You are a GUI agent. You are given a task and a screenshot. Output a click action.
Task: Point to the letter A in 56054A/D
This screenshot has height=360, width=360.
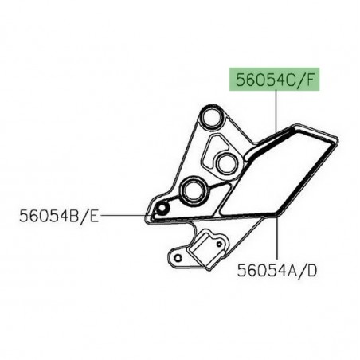click(294, 271)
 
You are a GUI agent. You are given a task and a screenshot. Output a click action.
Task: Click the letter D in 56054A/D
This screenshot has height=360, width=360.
click(312, 271)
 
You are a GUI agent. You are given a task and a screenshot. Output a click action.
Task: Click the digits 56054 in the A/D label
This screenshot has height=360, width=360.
click(261, 271)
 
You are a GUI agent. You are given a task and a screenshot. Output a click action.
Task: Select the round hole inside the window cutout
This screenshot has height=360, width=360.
click(225, 162)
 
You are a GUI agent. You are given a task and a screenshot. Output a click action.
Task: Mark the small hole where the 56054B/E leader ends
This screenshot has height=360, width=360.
click(162, 209)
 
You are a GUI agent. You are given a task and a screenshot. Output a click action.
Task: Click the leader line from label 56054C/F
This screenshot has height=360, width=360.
click(276, 112)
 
